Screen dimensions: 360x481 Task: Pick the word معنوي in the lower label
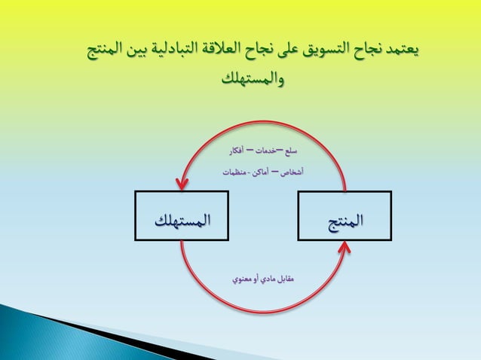pos(242,279)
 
